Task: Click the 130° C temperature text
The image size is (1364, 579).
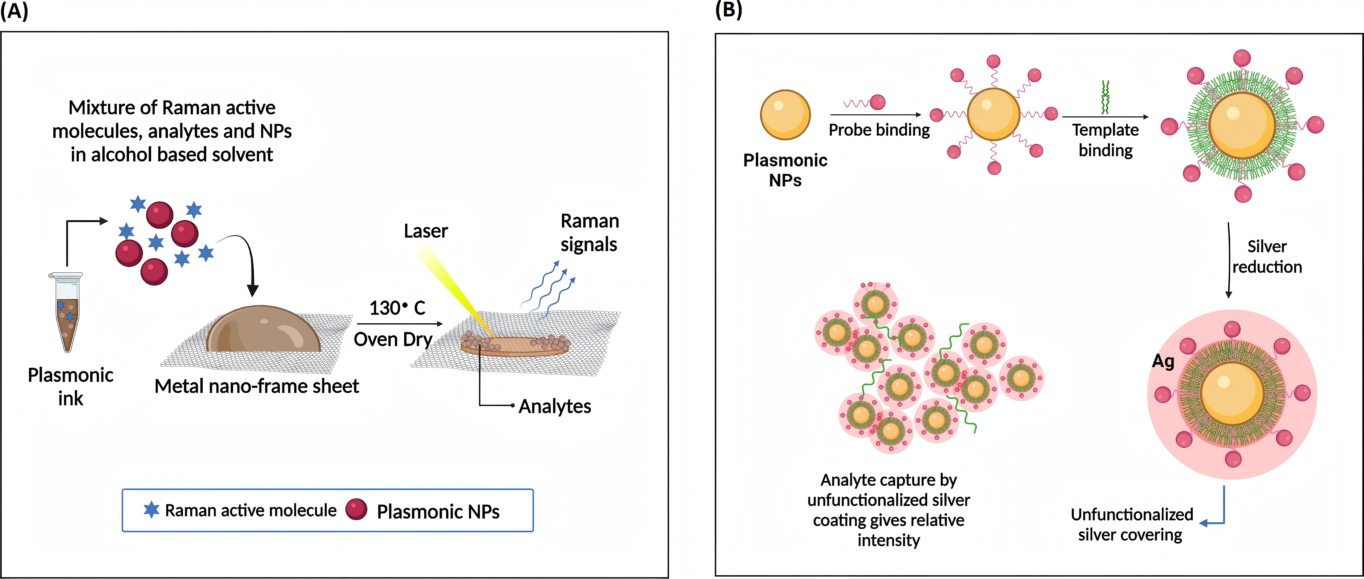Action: [397, 308]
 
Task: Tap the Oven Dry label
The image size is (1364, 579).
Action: [393, 339]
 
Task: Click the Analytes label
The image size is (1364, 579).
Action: [554, 406]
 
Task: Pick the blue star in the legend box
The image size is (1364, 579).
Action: [151, 510]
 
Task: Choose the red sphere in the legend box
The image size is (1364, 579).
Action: [356, 509]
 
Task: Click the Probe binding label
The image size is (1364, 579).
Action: [879, 130]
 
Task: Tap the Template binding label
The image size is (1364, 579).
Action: [1106, 140]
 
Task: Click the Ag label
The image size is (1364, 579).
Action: [1163, 361]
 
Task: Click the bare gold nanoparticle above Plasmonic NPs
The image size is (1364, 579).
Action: [785, 114]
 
